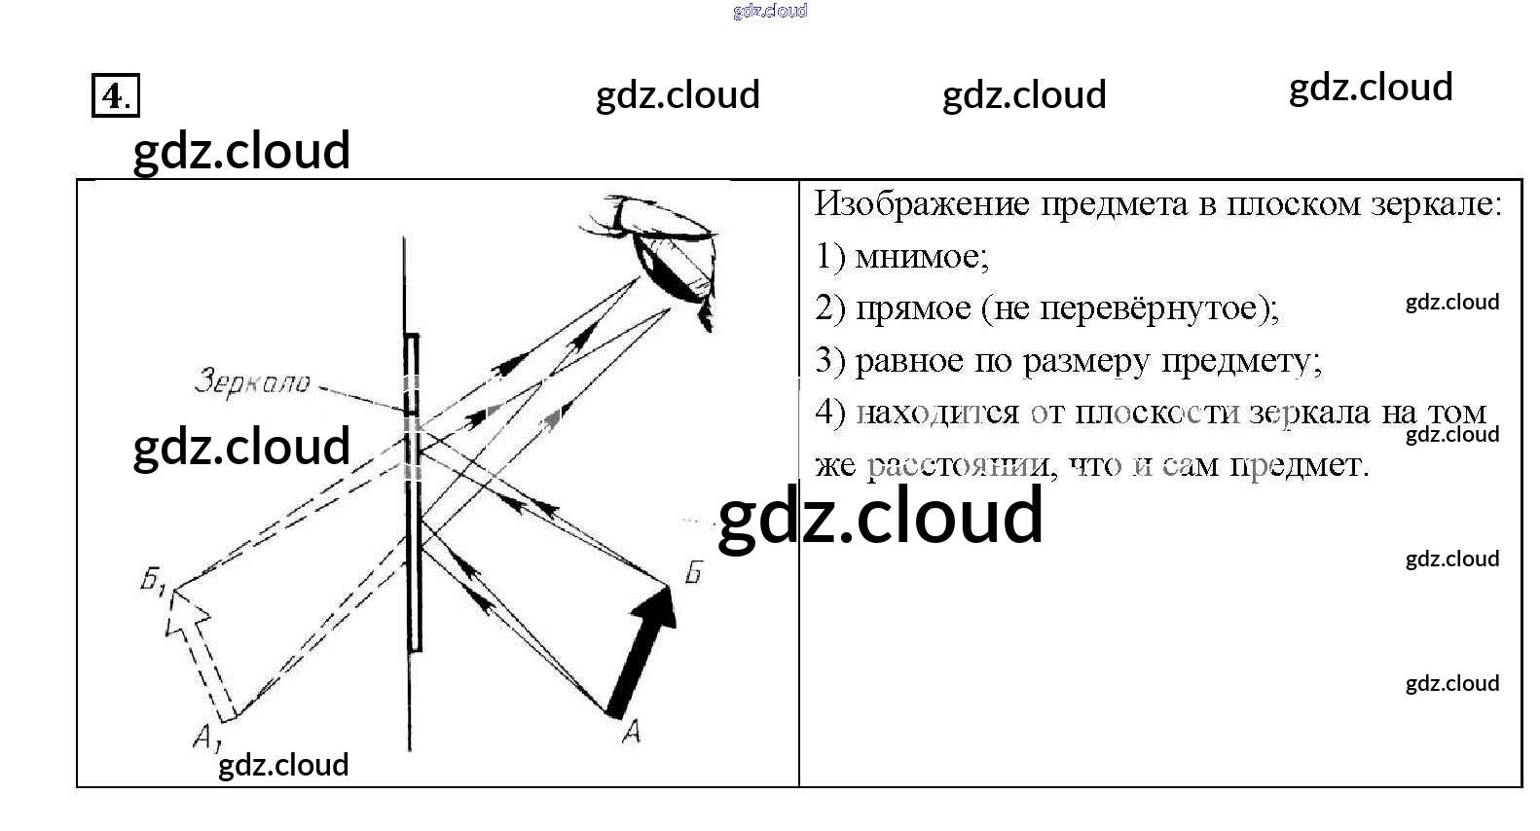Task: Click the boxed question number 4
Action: click(x=115, y=95)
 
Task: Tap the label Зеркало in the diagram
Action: click(x=252, y=381)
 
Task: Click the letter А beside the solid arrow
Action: click(x=631, y=731)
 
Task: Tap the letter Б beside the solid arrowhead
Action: click(x=693, y=572)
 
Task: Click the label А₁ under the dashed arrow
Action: click(x=205, y=739)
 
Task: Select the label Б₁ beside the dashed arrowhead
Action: click(x=154, y=582)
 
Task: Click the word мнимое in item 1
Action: click(x=921, y=257)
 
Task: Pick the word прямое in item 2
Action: click(x=913, y=309)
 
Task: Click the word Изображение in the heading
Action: click(x=921, y=204)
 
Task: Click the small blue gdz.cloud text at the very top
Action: click(x=770, y=11)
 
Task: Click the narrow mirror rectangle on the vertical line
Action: click(x=413, y=491)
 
